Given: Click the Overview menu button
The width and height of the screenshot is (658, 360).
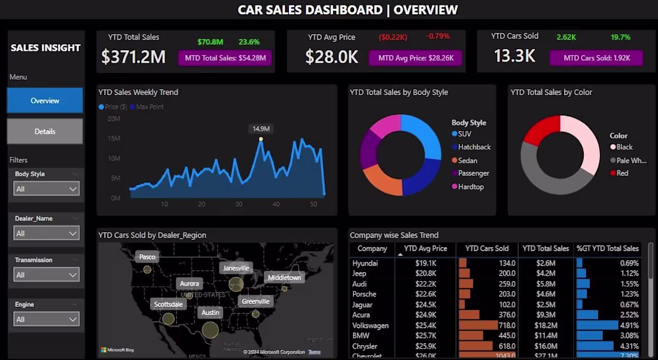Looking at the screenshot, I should [45, 100].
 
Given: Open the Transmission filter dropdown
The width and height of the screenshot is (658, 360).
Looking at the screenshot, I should [46, 274].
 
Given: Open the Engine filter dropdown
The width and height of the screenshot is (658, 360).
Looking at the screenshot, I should [46, 319].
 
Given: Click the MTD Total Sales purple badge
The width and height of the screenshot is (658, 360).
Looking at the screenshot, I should [225, 58].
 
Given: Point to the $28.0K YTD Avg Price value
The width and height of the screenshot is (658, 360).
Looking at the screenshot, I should [331, 57].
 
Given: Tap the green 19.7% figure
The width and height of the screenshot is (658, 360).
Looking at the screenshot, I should [620, 37].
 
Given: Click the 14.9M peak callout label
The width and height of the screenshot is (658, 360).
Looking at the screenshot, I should [261, 129].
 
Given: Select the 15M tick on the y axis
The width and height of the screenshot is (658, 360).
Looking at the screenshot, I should [114, 139].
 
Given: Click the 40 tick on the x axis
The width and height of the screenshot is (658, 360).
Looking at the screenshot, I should [276, 205].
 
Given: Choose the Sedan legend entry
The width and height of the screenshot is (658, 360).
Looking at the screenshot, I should [467, 160].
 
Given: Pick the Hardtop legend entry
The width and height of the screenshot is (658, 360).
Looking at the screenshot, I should [470, 187].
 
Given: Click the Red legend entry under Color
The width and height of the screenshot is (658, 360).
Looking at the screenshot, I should [622, 173].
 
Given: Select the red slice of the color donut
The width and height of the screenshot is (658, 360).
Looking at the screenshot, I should [541, 129].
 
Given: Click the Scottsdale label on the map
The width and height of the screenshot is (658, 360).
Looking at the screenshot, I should [168, 304].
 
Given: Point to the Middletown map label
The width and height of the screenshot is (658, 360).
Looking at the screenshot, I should [284, 277].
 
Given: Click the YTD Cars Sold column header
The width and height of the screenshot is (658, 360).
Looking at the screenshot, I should [487, 248].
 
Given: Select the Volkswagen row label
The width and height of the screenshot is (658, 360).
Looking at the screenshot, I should [370, 325].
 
